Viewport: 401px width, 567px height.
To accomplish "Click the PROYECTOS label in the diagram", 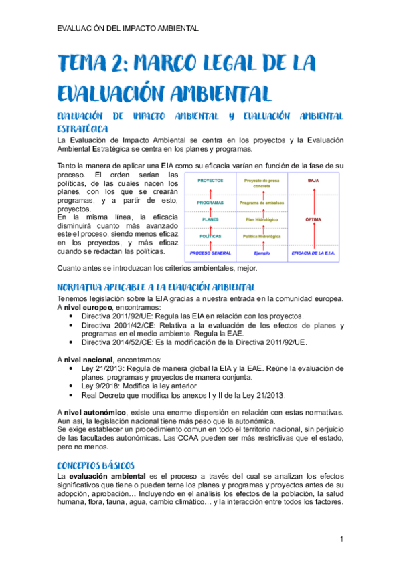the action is pos(211,181).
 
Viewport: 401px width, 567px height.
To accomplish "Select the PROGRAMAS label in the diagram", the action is pos(211,203).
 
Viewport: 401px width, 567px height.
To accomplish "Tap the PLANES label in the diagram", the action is pos(211,219).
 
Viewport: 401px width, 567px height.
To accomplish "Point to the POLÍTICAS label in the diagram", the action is pos(211,235).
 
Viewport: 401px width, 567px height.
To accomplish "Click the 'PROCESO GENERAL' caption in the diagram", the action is pos(211,253).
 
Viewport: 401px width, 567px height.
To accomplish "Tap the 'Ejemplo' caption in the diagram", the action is pos(261,253).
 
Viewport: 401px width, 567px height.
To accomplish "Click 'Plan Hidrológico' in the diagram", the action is pos(261,219).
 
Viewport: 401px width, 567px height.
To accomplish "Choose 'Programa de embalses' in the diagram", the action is pos(261,203).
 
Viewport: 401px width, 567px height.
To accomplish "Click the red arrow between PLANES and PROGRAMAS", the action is pos(211,211).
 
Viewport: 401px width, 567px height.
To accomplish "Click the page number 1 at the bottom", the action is pos(341,539).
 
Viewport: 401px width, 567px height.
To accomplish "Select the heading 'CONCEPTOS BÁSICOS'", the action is pos(96,464).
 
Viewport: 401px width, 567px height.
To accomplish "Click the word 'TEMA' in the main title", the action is pos(84,65).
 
